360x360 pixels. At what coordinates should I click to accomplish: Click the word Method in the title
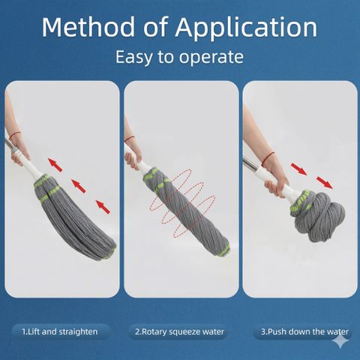88,27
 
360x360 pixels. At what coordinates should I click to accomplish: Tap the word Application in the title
246,28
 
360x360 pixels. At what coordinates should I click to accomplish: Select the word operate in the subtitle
211,58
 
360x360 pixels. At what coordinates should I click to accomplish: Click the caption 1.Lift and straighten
60,331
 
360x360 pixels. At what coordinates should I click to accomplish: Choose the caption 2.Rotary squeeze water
179,331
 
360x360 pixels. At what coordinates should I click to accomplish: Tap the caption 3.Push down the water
304,331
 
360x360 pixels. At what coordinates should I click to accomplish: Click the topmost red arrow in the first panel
55,165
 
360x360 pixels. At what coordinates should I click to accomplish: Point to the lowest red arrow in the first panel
103,207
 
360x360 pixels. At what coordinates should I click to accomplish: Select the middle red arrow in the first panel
79,186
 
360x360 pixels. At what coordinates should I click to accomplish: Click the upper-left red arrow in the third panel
298,169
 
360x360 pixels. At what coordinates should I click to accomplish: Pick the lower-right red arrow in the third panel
325,182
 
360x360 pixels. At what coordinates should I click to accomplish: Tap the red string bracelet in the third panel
268,158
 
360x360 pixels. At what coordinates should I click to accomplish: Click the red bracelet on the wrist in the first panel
15,135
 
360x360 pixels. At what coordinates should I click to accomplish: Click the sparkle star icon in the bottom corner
340,340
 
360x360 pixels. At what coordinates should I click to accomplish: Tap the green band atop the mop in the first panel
43,179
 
